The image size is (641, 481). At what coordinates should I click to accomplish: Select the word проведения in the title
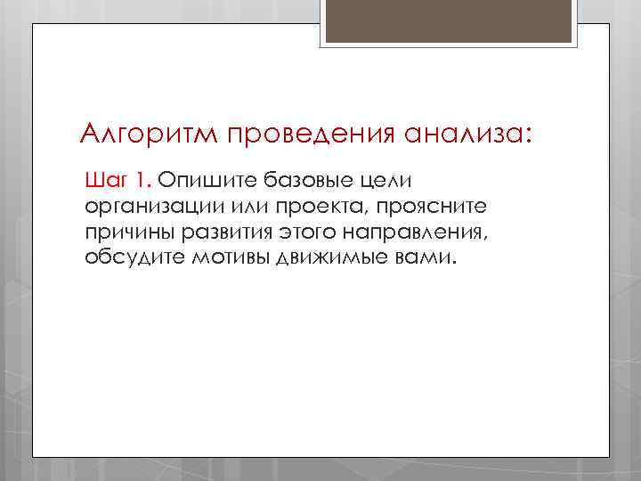tap(298, 135)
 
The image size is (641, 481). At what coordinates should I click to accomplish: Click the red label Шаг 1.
tap(118, 182)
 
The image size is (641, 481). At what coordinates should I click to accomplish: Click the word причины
tap(127, 233)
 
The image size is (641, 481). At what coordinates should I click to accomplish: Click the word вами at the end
tap(426, 258)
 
